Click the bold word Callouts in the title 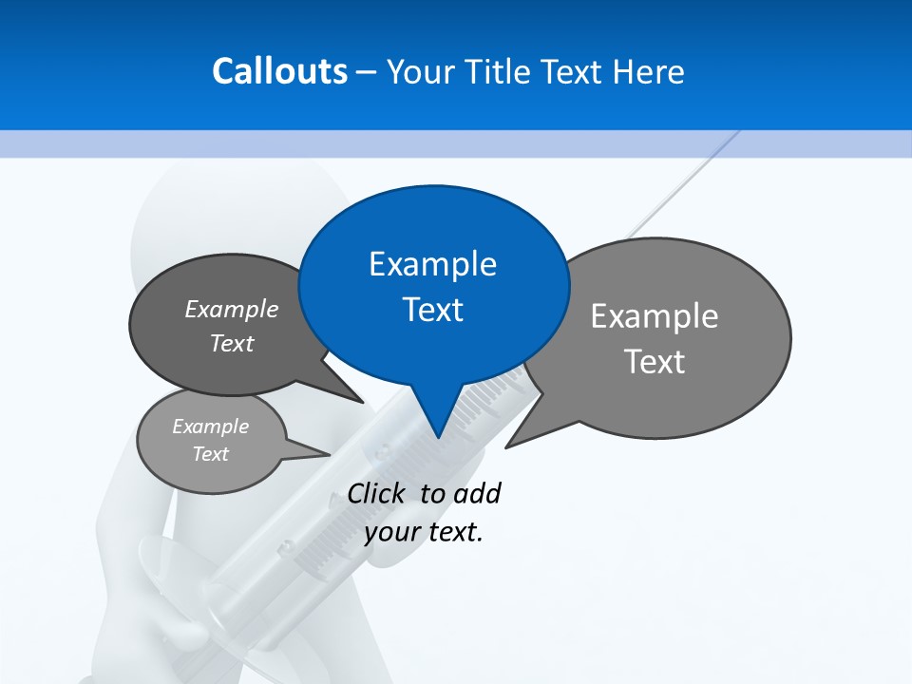[x=280, y=71]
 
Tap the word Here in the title [x=651, y=71]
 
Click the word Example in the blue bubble [x=432, y=264]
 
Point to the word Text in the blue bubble [x=432, y=310]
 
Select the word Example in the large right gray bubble [x=655, y=316]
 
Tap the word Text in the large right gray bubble [x=655, y=362]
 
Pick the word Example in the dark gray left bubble [x=232, y=310]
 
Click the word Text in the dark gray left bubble [x=232, y=344]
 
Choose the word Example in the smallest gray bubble [x=210, y=427]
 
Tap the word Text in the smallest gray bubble [x=210, y=454]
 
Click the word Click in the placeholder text [x=378, y=493]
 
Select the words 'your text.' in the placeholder [x=424, y=532]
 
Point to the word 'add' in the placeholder [x=477, y=493]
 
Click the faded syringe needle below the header [x=684, y=185]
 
